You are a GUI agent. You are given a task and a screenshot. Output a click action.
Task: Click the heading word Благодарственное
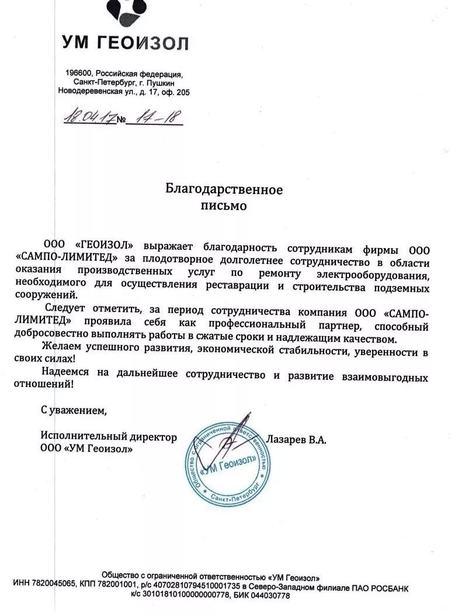click(x=224, y=190)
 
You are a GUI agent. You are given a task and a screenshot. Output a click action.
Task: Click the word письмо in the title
click(x=224, y=205)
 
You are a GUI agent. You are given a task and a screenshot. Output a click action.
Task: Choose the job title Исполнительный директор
click(x=109, y=437)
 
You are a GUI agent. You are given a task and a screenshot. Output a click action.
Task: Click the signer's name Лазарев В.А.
click(x=296, y=438)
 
